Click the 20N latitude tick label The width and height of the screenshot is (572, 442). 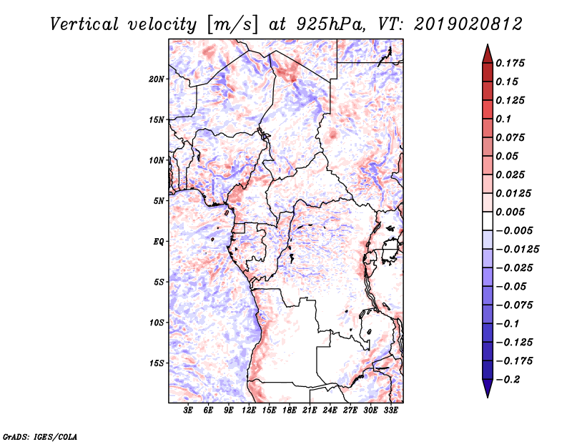[157, 79]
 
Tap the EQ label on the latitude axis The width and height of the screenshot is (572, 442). [159, 242]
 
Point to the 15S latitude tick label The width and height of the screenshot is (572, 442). [157, 363]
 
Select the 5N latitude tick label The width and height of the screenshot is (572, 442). [159, 201]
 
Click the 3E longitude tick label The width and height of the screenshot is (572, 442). [189, 411]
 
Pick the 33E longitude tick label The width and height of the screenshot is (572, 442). [390, 411]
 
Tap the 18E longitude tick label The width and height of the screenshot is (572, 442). [290, 411]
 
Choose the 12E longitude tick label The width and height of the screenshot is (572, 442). [249, 411]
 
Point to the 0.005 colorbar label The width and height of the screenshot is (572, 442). [511, 212]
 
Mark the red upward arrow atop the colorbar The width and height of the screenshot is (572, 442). [486, 53]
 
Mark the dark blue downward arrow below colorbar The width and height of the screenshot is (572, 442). [486, 388]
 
